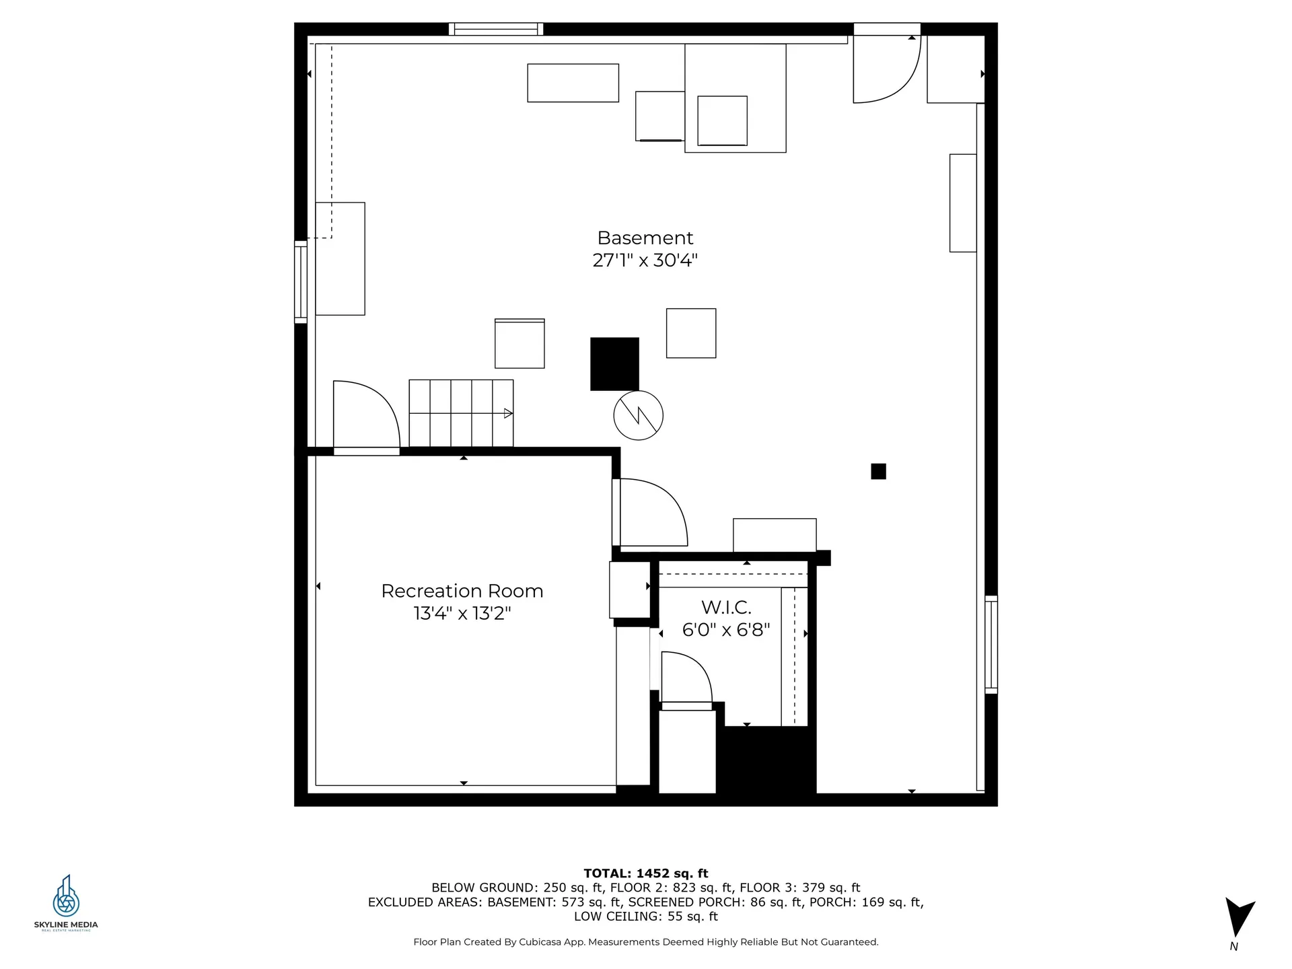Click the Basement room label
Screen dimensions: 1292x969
pos(645,238)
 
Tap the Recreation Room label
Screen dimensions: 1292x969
pos(462,591)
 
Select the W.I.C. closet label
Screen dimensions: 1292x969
pos(726,608)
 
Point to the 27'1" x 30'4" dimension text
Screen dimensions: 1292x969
pos(645,260)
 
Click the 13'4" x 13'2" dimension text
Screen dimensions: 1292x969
pos(462,614)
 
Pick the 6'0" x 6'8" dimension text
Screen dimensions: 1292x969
pos(726,630)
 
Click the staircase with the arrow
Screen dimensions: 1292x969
pos(461,413)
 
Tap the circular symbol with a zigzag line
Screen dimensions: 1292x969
pos(639,415)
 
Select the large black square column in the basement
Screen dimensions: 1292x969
pos(615,364)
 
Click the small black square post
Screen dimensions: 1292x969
pos(878,471)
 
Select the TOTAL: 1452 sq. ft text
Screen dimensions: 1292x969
pos(646,873)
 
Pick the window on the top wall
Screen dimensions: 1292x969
pos(496,29)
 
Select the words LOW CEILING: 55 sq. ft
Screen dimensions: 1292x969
pos(646,917)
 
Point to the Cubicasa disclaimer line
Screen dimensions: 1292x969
pos(646,942)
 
